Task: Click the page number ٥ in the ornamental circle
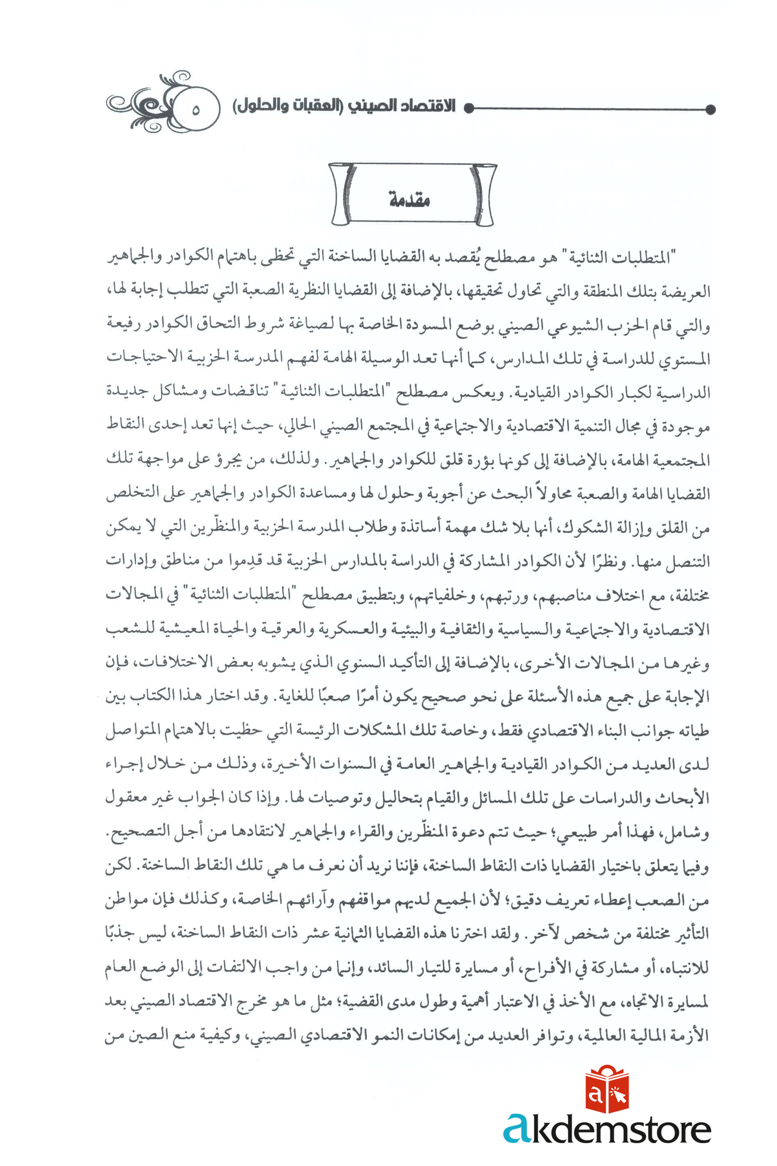195,110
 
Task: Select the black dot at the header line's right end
710,109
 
